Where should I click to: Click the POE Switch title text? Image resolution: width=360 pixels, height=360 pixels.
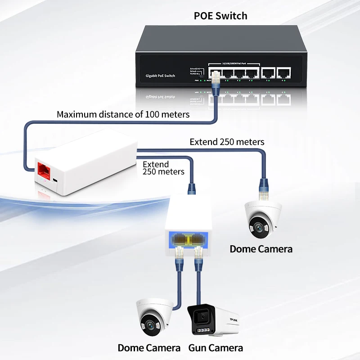(x=220, y=16)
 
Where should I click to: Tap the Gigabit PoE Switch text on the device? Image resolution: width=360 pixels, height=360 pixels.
(x=160, y=76)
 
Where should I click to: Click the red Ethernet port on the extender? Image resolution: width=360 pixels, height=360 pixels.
(x=44, y=169)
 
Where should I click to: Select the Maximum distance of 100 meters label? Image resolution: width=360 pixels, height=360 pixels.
(x=123, y=114)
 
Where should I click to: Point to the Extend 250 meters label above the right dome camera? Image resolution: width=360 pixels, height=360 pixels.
(x=227, y=142)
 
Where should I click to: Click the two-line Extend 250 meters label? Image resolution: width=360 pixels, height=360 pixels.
(x=163, y=168)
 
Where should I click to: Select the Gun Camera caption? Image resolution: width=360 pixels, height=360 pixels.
(x=216, y=348)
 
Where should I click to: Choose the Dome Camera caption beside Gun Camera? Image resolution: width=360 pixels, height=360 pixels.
(x=149, y=348)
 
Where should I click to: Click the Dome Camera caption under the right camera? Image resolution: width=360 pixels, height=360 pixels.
(x=261, y=249)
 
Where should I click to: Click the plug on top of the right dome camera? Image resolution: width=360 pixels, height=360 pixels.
(x=263, y=184)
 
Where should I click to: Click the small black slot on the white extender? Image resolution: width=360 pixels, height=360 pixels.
(x=54, y=180)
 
